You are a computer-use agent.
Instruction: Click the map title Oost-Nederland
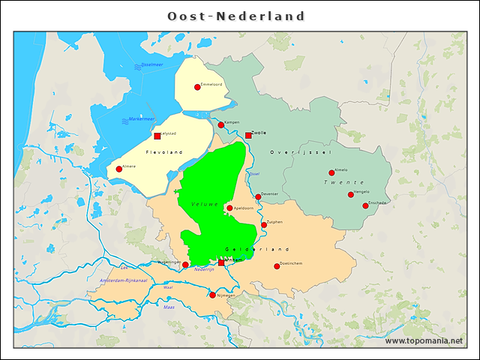coord(236,16)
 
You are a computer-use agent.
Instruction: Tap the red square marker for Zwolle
coord(248,136)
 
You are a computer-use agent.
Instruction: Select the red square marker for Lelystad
coord(157,136)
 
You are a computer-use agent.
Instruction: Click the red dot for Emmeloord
coord(197,87)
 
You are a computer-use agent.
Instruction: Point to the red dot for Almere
coord(118,169)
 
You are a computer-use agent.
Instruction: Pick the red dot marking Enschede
coord(366,205)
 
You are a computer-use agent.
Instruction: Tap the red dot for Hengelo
coord(350,194)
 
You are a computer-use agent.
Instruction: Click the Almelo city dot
coord(331,172)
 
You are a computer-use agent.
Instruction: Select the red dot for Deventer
coord(258,196)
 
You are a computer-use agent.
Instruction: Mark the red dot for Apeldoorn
coord(229,208)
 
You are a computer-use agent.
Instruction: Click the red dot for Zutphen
coord(264,224)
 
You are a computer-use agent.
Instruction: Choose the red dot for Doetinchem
coord(277,266)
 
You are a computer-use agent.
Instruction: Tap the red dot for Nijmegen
coord(212,295)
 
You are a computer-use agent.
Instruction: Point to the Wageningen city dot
coord(185,265)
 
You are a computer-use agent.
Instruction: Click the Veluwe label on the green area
coord(205,204)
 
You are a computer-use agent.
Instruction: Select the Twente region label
coord(343,183)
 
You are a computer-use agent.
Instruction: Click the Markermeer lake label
coord(141,119)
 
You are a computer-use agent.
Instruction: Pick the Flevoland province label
coord(164,152)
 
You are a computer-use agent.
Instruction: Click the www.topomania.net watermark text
coord(424,340)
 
